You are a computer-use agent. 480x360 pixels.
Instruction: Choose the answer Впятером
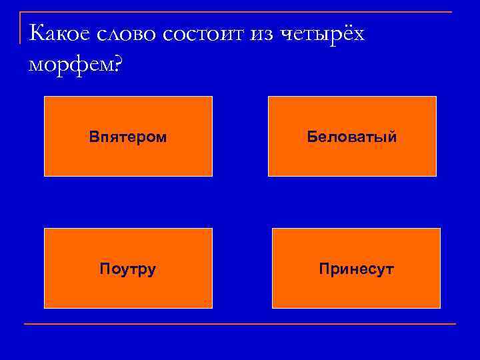click(x=128, y=137)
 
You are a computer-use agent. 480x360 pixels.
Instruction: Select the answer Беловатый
click(x=352, y=137)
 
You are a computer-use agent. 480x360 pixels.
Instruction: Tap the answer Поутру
click(x=128, y=269)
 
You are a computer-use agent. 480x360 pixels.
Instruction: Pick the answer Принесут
click(x=356, y=269)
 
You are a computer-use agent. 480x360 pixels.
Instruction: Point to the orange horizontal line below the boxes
click(x=240, y=324)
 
